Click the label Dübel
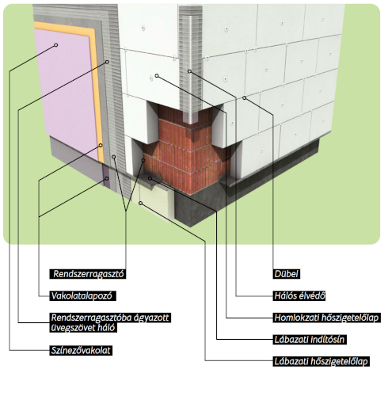(x=286, y=274)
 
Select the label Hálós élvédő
(x=299, y=295)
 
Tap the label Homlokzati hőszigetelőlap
(x=326, y=318)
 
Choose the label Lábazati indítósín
(x=310, y=340)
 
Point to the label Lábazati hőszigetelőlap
(x=321, y=361)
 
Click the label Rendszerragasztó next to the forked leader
(x=88, y=274)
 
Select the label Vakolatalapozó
(x=82, y=295)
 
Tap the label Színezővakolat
(x=81, y=350)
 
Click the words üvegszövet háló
(x=83, y=328)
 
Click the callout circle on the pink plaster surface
(x=55, y=45)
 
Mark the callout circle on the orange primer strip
(x=101, y=145)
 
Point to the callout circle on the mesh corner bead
(x=189, y=71)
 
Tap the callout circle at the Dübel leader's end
(x=245, y=98)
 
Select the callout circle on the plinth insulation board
(x=141, y=203)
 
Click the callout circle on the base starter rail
(x=150, y=179)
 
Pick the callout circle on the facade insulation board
(x=157, y=76)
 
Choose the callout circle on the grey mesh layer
(x=107, y=62)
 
